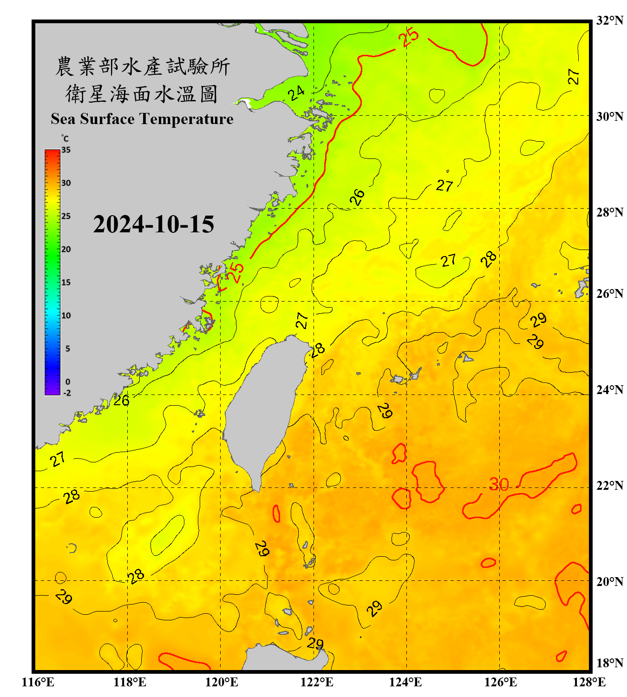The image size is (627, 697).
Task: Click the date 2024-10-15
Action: pyautogui.click(x=153, y=224)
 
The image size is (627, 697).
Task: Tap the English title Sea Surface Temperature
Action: pyautogui.click(x=142, y=119)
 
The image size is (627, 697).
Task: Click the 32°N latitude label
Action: pyautogui.click(x=609, y=20)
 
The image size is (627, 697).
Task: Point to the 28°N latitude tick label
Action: pyautogui.click(x=609, y=212)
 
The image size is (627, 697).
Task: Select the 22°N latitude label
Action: pyautogui.click(x=609, y=486)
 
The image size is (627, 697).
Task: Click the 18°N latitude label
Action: pyautogui.click(x=609, y=663)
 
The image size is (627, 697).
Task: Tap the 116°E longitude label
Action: pyautogui.click(x=38, y=682)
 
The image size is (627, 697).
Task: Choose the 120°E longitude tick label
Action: pyautogui.click(x=222, y=682)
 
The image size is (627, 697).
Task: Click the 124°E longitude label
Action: pyautogui.click(x=405, y=682)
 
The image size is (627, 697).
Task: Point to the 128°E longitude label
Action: pyautogui.click(x=589, y=682)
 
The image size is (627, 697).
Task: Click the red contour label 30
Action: pyautogui.click(x=499, y=485)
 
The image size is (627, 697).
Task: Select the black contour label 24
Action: pyautogui.click(x=296, y=93)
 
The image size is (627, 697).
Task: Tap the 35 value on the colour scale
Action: pyautogui.click(x=66, y=150)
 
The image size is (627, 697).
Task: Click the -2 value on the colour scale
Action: pyautogui.click(x=67, y=393)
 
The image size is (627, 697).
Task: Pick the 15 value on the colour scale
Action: pyautogui.click(x=66, y=283)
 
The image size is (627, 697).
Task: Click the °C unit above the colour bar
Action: pyautogui.click(x=65, y=138)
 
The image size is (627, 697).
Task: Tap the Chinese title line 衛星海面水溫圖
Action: pyautogui.click(x=142, y=94)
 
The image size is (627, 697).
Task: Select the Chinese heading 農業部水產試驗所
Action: pyautogui.click(x=142, y=66)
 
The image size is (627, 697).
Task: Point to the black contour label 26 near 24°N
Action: pyautogui.click(x=121, y=401)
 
